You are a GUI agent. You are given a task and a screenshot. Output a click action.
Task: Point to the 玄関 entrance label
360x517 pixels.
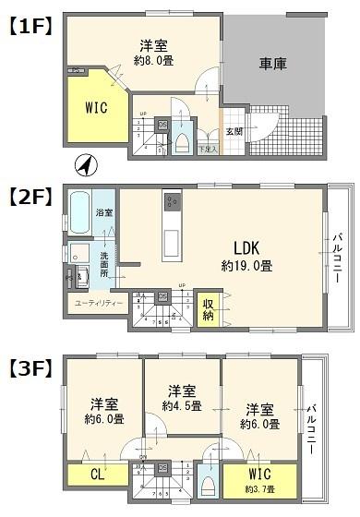click(x=234, y=131)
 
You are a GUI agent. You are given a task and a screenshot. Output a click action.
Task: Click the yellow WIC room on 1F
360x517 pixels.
click(x=95, y=108)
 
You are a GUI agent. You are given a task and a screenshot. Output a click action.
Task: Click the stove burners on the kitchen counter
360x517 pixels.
click(x=173, y=202)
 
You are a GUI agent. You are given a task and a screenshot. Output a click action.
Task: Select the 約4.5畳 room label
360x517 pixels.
click(x=181, y=406)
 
